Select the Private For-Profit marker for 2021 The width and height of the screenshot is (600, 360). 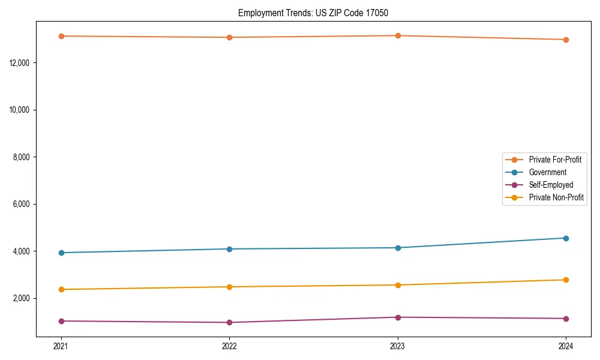[x=61, y=36]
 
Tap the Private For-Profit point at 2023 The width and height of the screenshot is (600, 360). [x=398, y=35]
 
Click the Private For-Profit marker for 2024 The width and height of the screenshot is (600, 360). [x=566, y=40]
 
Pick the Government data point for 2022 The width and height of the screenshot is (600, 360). [x=229, y=249]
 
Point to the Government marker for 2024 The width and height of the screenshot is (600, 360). [x=566, y=238]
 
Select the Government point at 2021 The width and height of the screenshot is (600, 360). [x=61, y=253]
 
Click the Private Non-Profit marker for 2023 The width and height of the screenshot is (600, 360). [x=398, y=285]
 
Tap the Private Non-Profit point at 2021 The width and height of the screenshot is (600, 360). [x=61, y=289]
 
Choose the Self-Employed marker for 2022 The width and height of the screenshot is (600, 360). [x=229, y=322]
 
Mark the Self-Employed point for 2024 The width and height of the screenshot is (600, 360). [x=566, y=319]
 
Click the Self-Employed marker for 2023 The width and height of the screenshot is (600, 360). [x=398, y=317]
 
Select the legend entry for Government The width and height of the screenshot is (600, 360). [x=547, y=172]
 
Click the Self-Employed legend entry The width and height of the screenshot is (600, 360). [x=551, y=185]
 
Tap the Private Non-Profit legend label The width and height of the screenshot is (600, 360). [x=556, y=197]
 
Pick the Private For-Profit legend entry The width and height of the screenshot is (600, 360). [x=555, y=160]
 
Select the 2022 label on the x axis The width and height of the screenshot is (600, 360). [x=229, y=346]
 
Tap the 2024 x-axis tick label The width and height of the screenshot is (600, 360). [x=566, y=346]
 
